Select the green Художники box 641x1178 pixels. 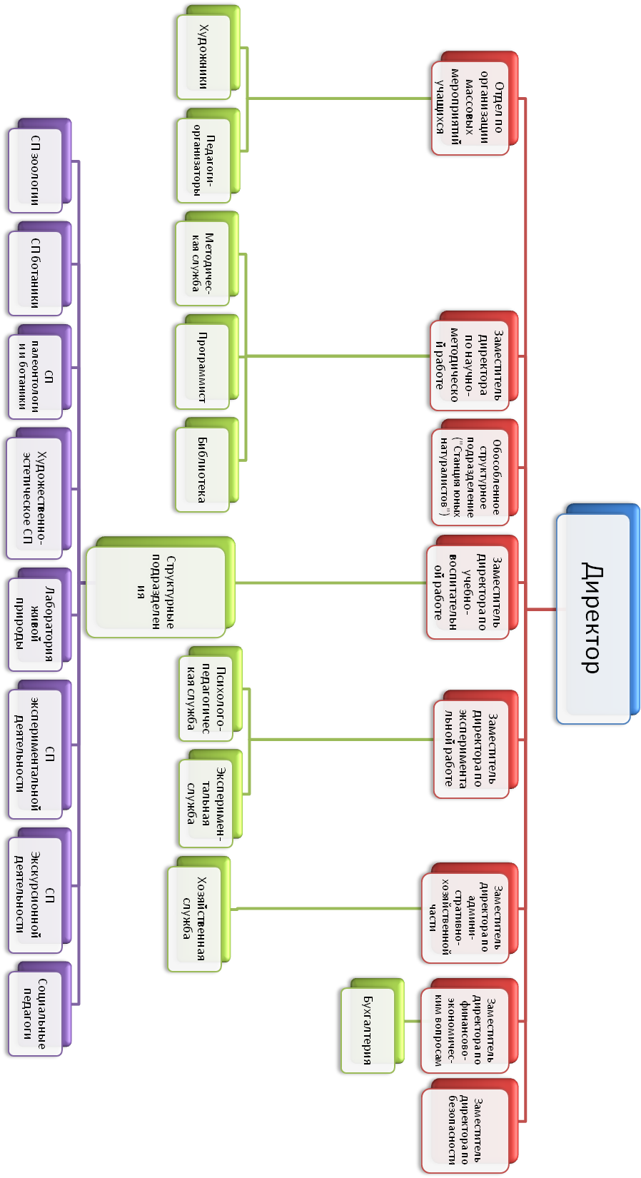click(x=204, y=56)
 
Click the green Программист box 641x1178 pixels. click(x=203, y=367)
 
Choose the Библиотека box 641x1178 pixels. click(x=203, y=470)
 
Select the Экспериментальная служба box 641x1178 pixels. click(x=207, y=802)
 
